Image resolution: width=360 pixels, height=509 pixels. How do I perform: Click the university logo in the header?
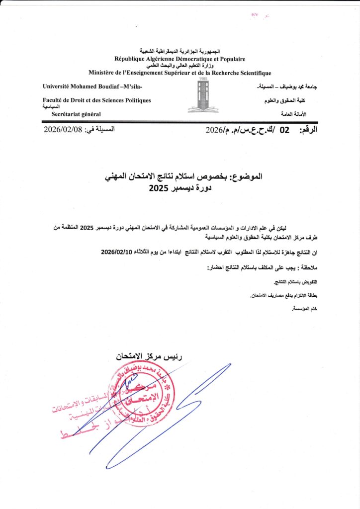[203, 97]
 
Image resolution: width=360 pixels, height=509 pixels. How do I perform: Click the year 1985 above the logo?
[203, 79]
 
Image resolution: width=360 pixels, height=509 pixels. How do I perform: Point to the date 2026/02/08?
[62, 130]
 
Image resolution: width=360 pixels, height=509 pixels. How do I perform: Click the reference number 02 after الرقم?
[284, 131]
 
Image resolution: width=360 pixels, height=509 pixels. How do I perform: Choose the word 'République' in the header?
[132, 59]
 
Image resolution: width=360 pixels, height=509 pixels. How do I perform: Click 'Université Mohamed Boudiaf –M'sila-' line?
[92, 87]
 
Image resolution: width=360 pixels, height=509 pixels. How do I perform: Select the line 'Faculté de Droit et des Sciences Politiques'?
[96, 100]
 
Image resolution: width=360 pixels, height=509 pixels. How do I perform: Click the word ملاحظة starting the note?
[292, 268]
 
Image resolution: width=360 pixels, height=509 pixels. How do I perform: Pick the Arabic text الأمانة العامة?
[293, 114]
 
